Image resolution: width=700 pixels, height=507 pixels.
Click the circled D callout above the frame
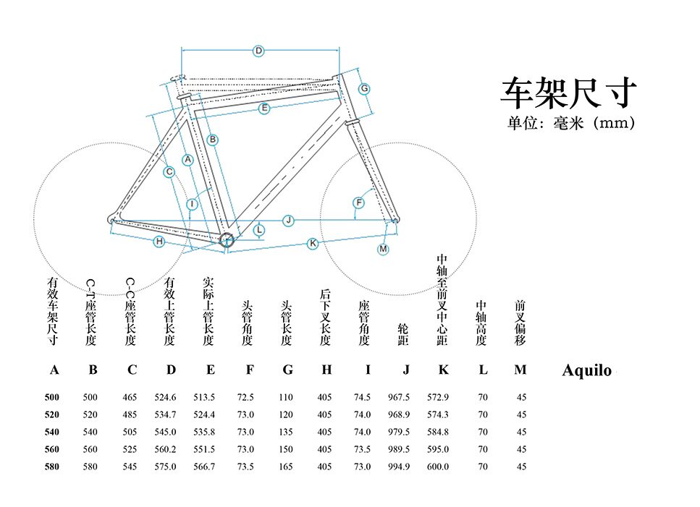click(258, 51)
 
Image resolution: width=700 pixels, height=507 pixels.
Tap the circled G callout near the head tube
click(365, 88)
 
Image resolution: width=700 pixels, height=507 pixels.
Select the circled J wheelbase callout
click(288, 220)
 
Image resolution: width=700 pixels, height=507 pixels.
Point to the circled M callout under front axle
click(383, 249)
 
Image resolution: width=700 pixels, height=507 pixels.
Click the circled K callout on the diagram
click(313, 244)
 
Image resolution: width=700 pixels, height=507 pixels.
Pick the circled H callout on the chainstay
click(159, 242)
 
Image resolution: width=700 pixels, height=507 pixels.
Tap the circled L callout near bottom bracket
click(260, 230)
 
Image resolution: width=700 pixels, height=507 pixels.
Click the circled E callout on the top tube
click(264, 108)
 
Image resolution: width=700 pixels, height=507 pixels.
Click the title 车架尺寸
click(569, 93)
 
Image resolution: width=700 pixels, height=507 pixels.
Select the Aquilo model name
click(586, 371)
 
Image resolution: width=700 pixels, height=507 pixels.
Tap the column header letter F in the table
click(250, 370)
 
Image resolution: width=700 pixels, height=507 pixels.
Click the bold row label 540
click(52, 432)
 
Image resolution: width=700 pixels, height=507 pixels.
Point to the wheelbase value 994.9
click(398, 466)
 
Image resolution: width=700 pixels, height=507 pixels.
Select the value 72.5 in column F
click(245, 397)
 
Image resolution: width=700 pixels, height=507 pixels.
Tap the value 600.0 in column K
click(437, 466)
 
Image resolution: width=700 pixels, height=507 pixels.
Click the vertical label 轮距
click(403, 335)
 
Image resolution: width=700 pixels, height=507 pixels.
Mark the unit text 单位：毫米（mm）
click(571, 123)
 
